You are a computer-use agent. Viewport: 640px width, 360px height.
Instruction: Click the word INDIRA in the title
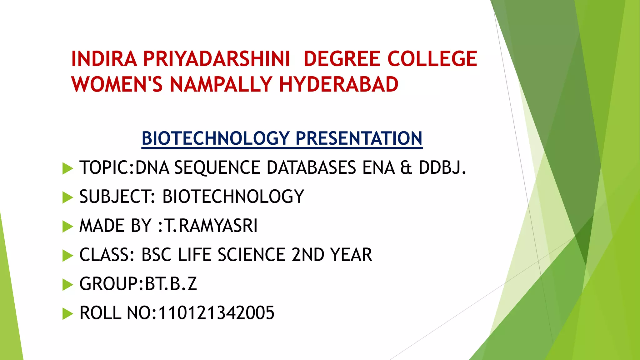point(104,59)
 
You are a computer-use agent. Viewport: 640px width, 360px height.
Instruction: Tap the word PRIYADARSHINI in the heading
point(217,59)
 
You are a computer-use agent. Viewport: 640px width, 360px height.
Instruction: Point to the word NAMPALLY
point(221,84)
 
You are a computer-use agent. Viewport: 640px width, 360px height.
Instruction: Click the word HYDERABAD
point(339,84)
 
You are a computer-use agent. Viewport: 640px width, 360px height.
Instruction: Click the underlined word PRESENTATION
point(359,138)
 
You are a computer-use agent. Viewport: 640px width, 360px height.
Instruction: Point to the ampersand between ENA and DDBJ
point(406,168)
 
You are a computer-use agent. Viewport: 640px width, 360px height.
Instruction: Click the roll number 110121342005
point(216,313)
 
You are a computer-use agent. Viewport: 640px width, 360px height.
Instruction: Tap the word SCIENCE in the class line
point(251,255)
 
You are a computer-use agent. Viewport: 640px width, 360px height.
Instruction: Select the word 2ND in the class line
point(308,255)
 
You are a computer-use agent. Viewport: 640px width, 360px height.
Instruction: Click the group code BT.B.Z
point(171,284)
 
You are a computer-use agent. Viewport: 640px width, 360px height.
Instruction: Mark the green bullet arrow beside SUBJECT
point(67,197)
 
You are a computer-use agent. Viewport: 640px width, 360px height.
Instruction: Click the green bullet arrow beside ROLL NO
point(67,314)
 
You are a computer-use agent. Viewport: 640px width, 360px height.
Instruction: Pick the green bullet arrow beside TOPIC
point(67,168)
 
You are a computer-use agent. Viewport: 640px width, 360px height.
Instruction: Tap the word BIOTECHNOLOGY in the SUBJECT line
point(233,197)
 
